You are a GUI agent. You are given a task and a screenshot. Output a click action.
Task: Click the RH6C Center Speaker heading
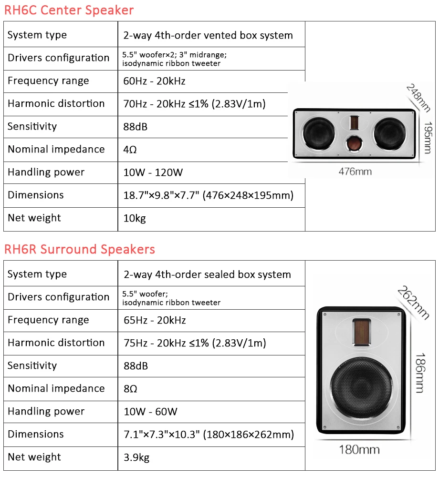(69, 10)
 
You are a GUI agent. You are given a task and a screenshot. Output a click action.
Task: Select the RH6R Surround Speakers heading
(79, 249)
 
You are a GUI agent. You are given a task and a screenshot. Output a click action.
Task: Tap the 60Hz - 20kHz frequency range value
(154, 81)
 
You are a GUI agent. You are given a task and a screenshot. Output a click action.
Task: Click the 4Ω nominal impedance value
(130, 150)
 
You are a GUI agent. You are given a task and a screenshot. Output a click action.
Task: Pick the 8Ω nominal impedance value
(130, 389)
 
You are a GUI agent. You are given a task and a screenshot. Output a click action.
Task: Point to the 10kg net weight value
(134, 218)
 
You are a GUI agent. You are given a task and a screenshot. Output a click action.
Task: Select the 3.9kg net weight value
(136, 457)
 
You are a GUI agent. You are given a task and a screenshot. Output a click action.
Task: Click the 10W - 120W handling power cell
(153, 172)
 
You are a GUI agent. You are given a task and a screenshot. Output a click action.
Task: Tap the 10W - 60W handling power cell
(150, 412)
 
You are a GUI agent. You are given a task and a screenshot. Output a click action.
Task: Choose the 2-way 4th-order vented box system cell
(208, 35)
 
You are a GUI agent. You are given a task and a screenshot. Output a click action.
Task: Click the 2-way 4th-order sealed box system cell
(207, 274)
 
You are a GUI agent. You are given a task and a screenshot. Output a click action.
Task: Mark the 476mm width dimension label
(355, 171)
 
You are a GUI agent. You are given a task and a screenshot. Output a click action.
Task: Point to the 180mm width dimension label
(359, 449)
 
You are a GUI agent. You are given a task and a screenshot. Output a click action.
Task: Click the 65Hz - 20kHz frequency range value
(155, 320)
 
